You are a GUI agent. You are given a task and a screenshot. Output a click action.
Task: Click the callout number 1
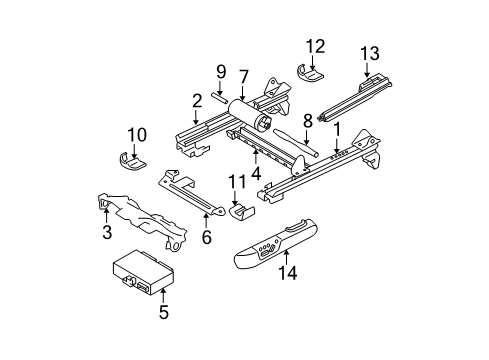point(337,129)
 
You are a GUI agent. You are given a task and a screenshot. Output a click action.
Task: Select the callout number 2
point(198,99)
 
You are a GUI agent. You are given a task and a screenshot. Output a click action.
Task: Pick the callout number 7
point(243,76)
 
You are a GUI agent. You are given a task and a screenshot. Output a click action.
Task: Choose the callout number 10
point(137,134)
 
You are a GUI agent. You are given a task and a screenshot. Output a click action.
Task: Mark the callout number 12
point(316,45)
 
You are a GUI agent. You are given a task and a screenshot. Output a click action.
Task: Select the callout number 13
point(369,52)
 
